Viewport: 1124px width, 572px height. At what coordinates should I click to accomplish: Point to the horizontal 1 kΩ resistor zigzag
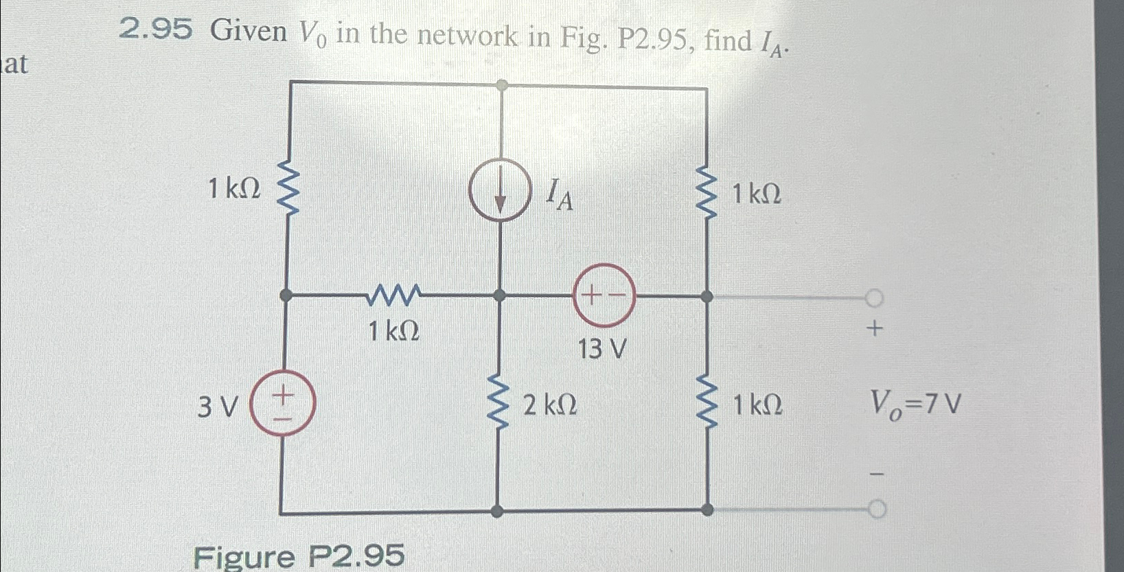[x=393, y=295]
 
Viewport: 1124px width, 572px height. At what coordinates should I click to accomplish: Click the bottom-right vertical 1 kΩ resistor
[x=707, y=405]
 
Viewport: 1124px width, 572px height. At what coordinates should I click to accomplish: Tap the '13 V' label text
[x=601, y=350]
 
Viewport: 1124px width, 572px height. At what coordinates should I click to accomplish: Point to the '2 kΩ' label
[x=549, y=407]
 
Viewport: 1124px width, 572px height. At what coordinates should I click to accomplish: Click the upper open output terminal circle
[x=874, y=297]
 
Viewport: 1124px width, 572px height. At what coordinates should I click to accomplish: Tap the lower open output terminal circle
[x=877, y=510]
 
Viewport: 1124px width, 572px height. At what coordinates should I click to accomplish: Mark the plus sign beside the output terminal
[x=874, y=330]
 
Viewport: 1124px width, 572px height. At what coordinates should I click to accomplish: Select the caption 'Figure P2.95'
[x=299, y=556]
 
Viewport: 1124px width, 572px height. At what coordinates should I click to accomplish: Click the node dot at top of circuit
[x=502, y=85]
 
